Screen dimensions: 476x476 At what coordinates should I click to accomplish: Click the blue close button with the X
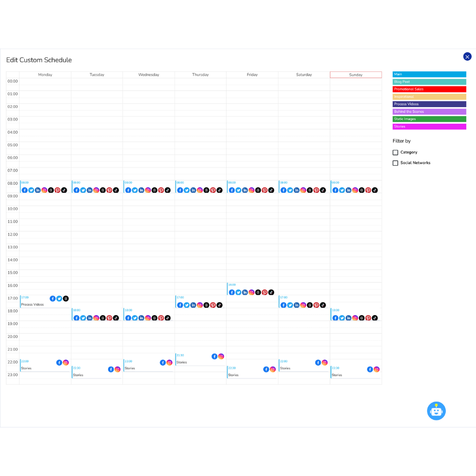[x=467, y=57]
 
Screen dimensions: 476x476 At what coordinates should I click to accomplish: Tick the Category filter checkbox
[x=396, y=152]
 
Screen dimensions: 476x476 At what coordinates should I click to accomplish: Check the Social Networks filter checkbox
[x=396, y=163]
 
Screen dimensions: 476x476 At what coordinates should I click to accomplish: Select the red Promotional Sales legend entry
[x=429, y=89]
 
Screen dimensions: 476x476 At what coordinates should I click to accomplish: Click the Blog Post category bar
[x=429, y=82]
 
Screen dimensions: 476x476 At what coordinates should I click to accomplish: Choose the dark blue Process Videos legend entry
[x=429, y=104]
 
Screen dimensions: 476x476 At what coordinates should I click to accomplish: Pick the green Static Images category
[x=429, y=119]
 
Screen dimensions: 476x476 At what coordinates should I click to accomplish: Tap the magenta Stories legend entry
[x=429, y=127]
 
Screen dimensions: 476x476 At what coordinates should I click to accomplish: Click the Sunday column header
[x=356, y=75]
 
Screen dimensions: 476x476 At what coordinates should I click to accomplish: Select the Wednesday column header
[x=149, y=75]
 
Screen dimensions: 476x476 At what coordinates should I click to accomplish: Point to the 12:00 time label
[x=13, y=234]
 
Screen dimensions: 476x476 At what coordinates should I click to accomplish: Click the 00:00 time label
[x=13, y=81]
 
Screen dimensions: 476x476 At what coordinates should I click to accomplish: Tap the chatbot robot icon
[x=436, y=411]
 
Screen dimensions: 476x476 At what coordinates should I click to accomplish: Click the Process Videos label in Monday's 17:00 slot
[x=32, y=305]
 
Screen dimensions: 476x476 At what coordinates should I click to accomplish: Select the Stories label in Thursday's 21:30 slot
[x=182, y=363]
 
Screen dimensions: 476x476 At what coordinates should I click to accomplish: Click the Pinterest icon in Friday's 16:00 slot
[x=265, y=292]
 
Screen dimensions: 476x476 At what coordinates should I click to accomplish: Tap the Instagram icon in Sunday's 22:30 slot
[x=377, y=369]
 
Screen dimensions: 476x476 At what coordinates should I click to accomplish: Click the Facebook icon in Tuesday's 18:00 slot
[x=76, y=318]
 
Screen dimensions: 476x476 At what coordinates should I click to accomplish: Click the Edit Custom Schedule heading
[x=39, y=60]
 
